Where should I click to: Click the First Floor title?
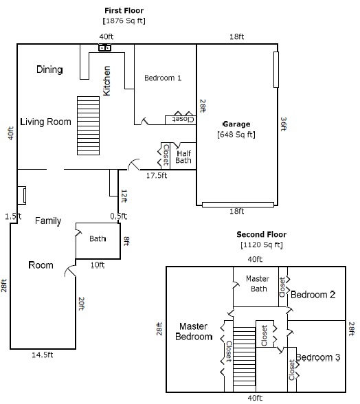tap(124, 10)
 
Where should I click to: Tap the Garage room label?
tap(236, 124)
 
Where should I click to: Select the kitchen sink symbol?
tap(105, 47)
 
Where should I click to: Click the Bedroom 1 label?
tap(163, 78)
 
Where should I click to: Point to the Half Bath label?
tap(183, 157)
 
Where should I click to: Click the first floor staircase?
tap(89, 126)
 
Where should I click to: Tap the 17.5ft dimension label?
tap(157, 176)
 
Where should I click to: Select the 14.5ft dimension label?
tap(43, 355)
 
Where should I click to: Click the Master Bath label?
tap(258, 284)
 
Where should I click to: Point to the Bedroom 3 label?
tap(318, 357)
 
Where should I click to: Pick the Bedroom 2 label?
tap(313, 295)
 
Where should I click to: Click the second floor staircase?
tap(245, 360)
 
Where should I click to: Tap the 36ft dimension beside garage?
tap(284, 124)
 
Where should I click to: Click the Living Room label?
tap(45, 122)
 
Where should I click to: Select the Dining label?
tap(49, 69)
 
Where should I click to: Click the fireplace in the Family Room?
tap(22, 196)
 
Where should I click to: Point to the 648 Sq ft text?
tap(236, 135)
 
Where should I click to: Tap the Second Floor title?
tap(262, 234)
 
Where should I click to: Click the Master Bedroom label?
tap(194, 332)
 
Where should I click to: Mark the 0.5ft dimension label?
tap(119, 216)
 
